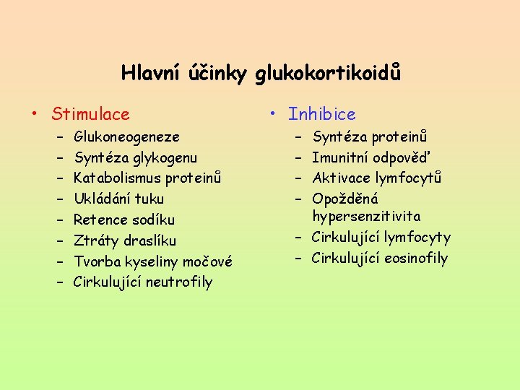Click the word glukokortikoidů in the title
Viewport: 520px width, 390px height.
point(327,73)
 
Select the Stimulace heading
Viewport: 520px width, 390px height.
point(90,114)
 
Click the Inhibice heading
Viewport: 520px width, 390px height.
point(321,114)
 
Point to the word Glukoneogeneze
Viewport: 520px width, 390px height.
point(126,136)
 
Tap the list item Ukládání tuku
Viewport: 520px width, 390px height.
point(118,199)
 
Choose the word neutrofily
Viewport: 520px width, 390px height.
point(179,282)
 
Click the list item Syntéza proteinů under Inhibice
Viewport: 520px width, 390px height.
point(369,136)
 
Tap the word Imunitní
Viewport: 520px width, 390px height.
point(340,157)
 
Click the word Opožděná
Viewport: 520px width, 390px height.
point(344,199)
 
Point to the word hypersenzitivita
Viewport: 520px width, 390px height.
point(366,217)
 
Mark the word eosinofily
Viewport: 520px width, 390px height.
point(417,259)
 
